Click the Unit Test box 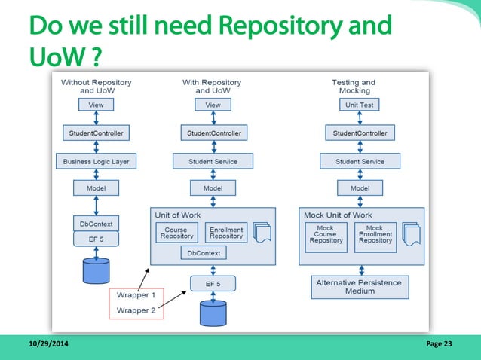click(360, 105)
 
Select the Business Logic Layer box click(97, 161)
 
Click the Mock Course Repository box click(326, 236)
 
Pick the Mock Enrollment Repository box click(375, 236)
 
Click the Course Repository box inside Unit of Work click(176, 234)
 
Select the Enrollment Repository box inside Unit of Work click(226, 234)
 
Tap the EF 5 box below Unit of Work click(213, 284)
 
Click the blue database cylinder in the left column click(97, 270)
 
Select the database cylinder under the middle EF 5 click(213, 313)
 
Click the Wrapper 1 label click(136, 295)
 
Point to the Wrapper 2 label click(136, 310)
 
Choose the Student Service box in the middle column click(213, 161)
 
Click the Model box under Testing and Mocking click(360, 188)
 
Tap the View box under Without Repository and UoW click(97, 105)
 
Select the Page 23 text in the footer click(439, 345)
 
